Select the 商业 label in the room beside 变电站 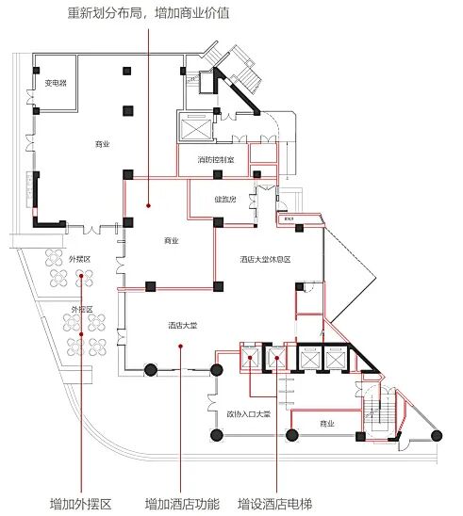click(x=102, y=144)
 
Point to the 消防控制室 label click(x=223, y=160)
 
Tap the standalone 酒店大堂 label click(x=182, y=326)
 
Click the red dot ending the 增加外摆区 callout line click(x=82, y=275)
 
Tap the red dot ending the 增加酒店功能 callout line click(x=181, y=347)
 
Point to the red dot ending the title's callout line click(x=148, y=203)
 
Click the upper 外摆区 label click(x=79, y=258)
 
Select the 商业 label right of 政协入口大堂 click(x=327, y=424)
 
